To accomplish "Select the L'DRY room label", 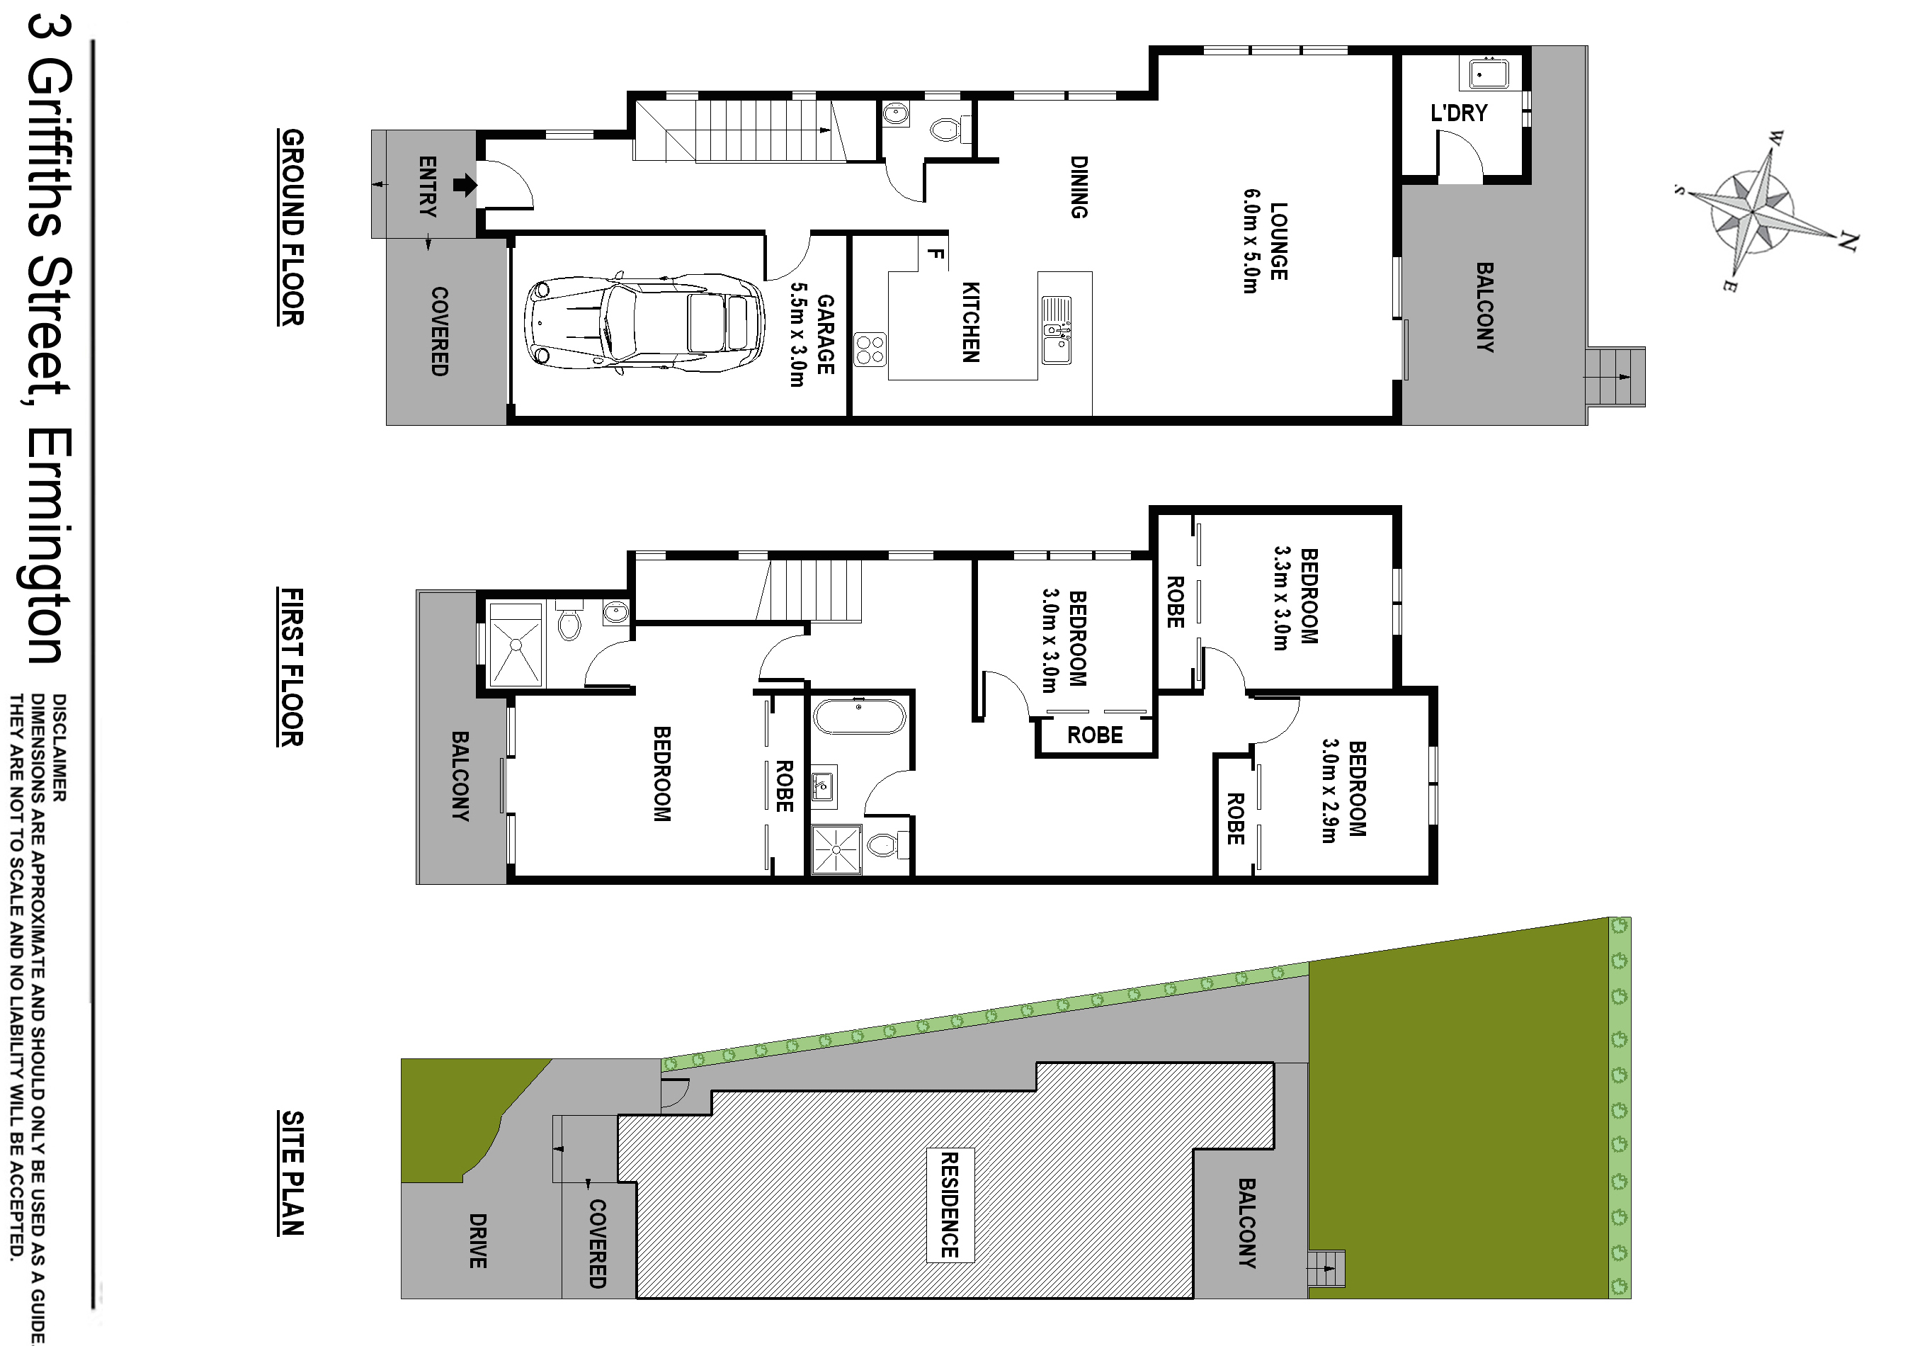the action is [x=1460, y=113].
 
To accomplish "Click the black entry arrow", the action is [x=465, y=184].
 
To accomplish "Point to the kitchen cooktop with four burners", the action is [x=870, y=349].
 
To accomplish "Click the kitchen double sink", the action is [x=1056, y=329].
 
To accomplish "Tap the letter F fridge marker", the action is [x=935, y=254].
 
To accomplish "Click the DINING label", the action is [x=1079, y=188].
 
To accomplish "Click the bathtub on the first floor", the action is [x=860, y=716].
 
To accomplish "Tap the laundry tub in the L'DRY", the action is [x=1489, y=73].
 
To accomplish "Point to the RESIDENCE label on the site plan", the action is [x=949, y=1205].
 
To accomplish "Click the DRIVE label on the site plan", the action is [x=478, y=1240].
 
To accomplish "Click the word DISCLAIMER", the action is [x=59, y=747].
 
